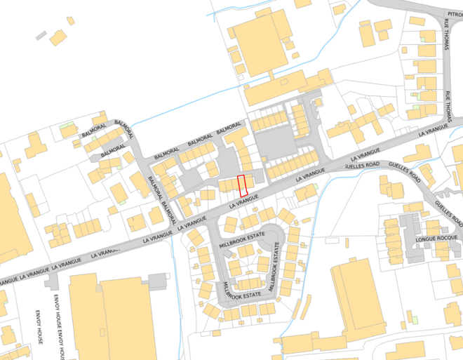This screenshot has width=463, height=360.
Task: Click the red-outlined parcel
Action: pyautogui.click(x=243, y=185)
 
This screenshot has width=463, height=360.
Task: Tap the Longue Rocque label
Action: pyautogui.click(x=435, y=239)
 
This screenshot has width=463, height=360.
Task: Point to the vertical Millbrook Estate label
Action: pyautogui.click(x=276, y=267)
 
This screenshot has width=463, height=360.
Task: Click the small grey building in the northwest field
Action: pyautogui.click(x=41, y=34)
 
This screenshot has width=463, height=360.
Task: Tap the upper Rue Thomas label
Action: pyautogui.click(x=447, y=35)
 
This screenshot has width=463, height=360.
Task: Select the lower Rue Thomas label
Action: pyautogui.click(x=448, y=105)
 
